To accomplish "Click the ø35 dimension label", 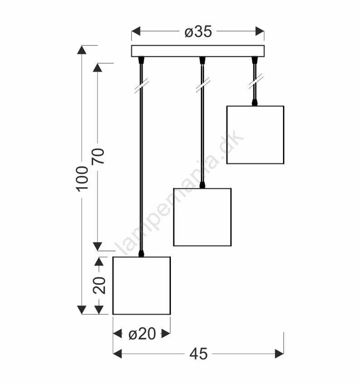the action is (x=198, y=32).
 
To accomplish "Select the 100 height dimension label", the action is (x=82, y=179).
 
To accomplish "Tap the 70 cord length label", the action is (x=98, y=156).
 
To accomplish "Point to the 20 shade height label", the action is (x=99, y=285).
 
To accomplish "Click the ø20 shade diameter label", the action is (x=142, y=334).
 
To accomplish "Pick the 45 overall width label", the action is (x=199, y=354).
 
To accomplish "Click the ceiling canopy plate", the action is (x=198, y=51).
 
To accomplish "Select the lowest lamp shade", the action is (x=141, y=285).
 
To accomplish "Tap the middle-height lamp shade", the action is (x=202, y=217).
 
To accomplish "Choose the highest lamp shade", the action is (x=255, y=135).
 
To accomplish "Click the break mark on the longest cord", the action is (x=141, y=86).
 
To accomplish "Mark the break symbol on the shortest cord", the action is (x=255, y=81).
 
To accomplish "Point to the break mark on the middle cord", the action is (x=203, y=85).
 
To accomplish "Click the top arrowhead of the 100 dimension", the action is (x=82, y=50).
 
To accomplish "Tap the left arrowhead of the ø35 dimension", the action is (x=136, y=31).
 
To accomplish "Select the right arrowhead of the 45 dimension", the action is (x=279, y=354).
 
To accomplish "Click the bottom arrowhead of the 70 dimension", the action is (x=97, y=246).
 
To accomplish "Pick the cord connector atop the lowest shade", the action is (x=141, y=254).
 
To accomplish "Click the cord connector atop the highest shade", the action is (x=255, y=102).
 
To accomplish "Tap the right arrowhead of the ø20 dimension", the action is (x=165, y=334).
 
